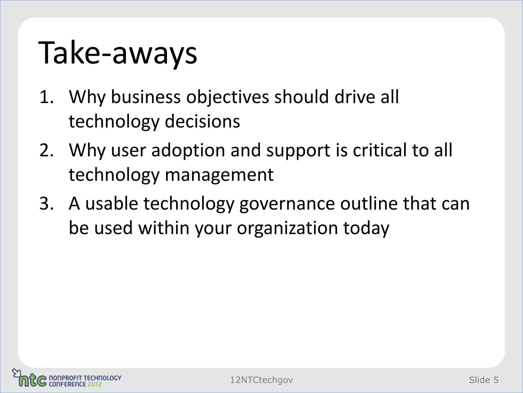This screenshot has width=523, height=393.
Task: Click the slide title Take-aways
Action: (x=117, y=53)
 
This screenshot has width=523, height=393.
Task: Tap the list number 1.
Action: (x=46, y=97)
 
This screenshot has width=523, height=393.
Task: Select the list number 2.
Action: (x=46, y=150)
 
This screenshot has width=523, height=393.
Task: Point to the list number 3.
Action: (x=46, y=204)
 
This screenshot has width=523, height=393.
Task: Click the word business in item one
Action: (x=146, y=97)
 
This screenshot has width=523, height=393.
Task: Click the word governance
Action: (x=287, y=204)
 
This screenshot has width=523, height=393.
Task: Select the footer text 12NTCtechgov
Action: (x=261, y=380)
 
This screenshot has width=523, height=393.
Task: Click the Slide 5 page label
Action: (x=483, y=380)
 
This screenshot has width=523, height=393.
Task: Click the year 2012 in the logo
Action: (x=94, y=384)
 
